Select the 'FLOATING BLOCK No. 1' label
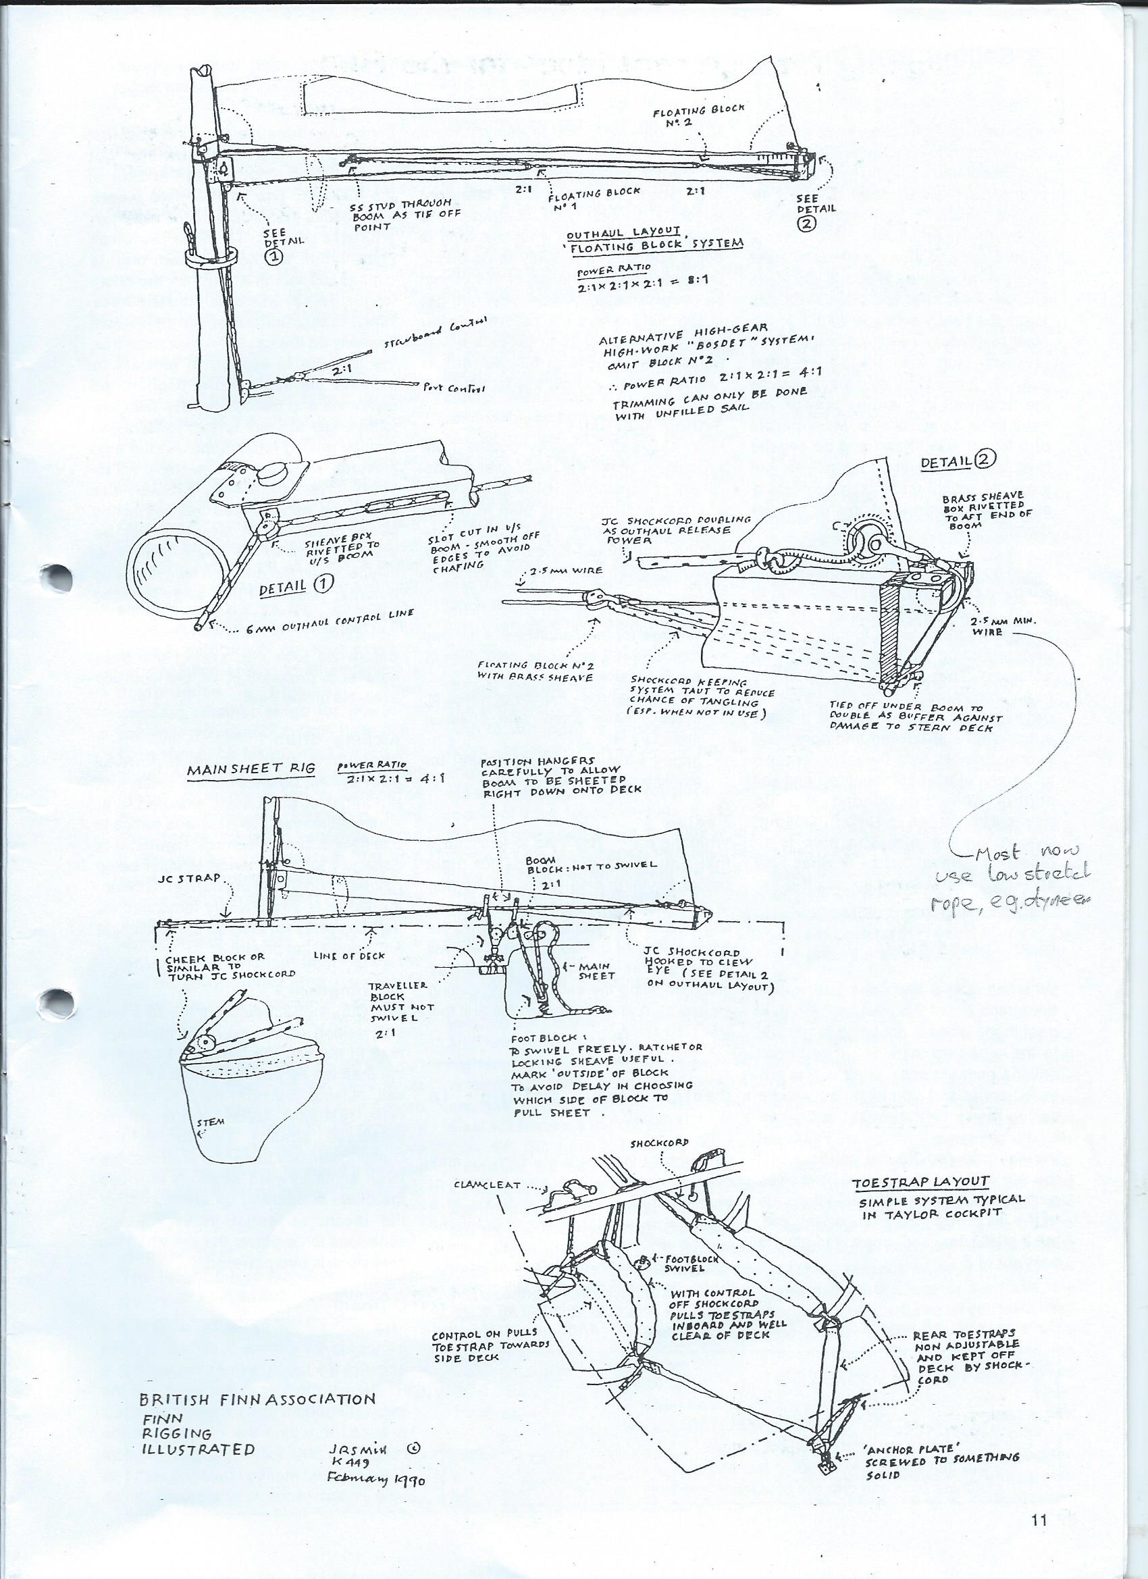pos(592,199)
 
